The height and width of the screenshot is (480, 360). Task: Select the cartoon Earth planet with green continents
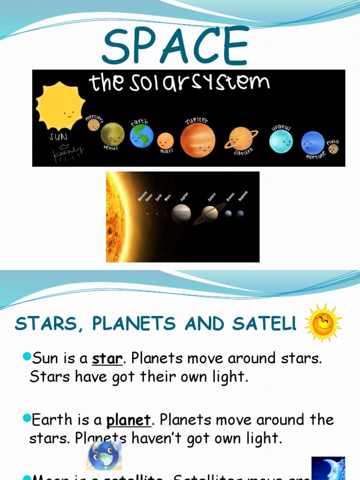point(142,135)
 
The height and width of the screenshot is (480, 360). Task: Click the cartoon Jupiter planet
point(198,140)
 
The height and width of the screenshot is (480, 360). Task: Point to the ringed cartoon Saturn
point(241,139)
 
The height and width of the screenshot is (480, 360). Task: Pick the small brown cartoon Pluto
point(333,149)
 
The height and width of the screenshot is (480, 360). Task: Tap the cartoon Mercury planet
point(94,125)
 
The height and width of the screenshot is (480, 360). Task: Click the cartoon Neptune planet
point(313,142)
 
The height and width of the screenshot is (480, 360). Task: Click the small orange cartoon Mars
point(165,141)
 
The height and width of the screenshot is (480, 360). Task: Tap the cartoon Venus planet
point(112,134)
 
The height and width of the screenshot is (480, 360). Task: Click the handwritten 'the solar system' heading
point(179,84)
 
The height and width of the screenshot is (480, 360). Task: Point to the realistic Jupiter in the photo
point(181,213)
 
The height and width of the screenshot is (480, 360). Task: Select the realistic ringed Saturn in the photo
point(210,213)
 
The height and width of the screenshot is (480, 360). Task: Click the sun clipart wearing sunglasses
point(323,322)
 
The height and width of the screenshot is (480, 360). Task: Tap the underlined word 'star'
point(107,359)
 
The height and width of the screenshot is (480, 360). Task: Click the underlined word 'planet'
point(129,420)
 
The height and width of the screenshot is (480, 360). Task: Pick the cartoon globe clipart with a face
point(104,455)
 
